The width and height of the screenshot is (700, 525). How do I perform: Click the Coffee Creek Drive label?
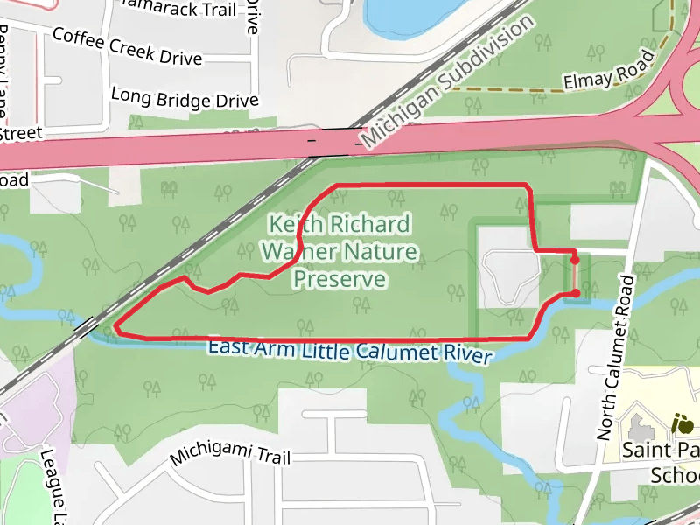click(128, 46)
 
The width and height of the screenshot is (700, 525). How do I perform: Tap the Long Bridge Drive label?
click(185, 97)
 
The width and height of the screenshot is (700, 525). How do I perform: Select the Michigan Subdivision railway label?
click(447, 80)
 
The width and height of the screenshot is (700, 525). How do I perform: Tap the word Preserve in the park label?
click(339, 280)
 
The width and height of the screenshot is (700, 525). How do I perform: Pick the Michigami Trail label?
click(229, 454)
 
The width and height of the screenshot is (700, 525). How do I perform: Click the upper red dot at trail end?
click(575, 260)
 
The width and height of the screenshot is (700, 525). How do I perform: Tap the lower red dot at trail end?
click(576, 293)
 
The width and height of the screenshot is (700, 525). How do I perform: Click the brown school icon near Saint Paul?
click(682, 425)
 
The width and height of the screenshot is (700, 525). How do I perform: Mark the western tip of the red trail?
click(115, 330)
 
